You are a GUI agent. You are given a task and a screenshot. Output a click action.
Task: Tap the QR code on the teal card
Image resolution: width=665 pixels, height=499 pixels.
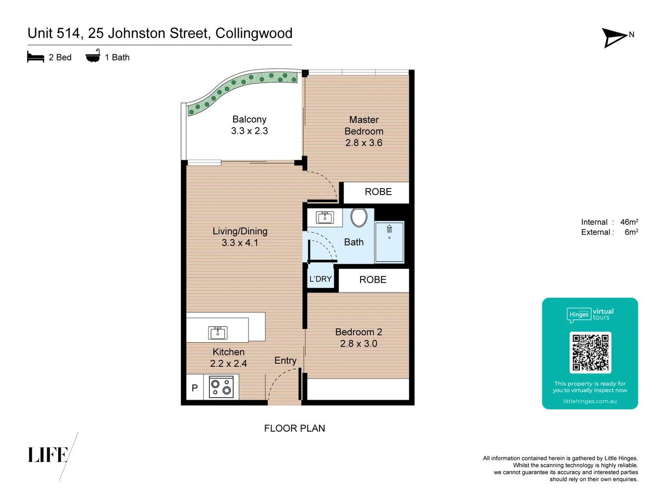[590, 353]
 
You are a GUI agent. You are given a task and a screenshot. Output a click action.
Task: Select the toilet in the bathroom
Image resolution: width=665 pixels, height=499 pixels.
[359, 217]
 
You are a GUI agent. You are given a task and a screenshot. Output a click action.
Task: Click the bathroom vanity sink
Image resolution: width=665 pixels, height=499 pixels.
[325, 217]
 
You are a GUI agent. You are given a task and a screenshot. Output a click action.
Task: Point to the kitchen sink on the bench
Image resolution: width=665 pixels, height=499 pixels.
[218, 332]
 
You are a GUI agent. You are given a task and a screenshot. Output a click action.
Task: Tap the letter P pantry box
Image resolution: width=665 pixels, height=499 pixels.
[195, 388]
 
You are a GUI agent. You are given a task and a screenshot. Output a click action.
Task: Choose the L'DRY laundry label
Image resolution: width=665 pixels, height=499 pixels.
[320, 279]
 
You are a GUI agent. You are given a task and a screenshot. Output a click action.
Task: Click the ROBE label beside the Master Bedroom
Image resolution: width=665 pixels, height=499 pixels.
[378, 192]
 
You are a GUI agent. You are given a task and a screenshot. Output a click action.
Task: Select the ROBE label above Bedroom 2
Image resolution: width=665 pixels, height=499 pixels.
[373, 280]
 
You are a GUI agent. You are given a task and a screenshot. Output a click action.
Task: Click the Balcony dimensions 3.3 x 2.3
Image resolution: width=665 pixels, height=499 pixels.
[249, 131]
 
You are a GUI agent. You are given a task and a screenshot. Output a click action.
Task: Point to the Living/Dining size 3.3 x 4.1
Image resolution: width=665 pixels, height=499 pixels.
[240, 243]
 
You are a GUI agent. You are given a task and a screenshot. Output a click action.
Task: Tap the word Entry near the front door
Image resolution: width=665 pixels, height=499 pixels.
[285, 360]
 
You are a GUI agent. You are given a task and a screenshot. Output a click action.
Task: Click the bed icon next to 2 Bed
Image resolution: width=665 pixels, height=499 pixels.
[36, 57]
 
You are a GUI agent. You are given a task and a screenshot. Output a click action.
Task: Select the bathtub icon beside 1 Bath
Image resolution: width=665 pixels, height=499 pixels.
[93, 56]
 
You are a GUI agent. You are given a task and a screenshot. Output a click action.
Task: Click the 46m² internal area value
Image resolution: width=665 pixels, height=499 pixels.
[629, 222]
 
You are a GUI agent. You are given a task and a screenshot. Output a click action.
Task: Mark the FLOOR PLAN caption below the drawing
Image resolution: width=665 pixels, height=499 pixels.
[295, 428]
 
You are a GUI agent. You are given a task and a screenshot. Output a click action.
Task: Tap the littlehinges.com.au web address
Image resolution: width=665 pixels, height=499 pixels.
[590, 401]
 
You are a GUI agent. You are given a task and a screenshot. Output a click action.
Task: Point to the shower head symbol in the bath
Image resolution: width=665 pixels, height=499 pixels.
[389, 229]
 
